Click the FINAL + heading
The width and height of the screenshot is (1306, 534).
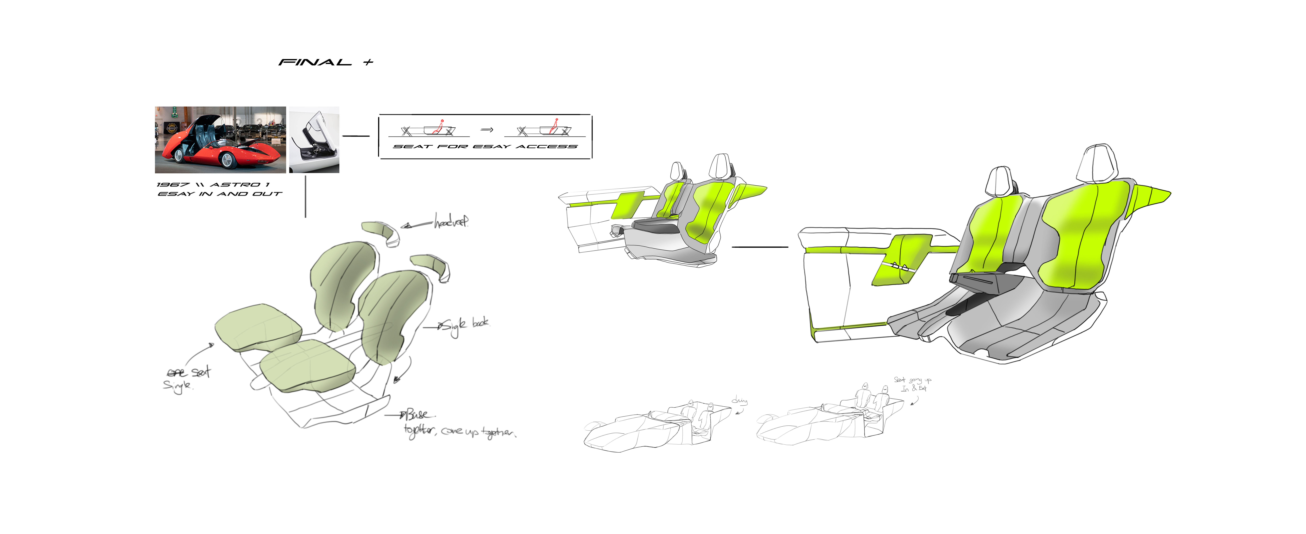click(325, 62)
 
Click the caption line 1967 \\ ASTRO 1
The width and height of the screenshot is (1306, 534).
click(213, 184)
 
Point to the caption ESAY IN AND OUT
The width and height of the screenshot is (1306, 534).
click(219, 194)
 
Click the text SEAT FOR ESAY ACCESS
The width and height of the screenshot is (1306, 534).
click(485, 146)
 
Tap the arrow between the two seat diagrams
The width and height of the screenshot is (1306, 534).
click(487, 130)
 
